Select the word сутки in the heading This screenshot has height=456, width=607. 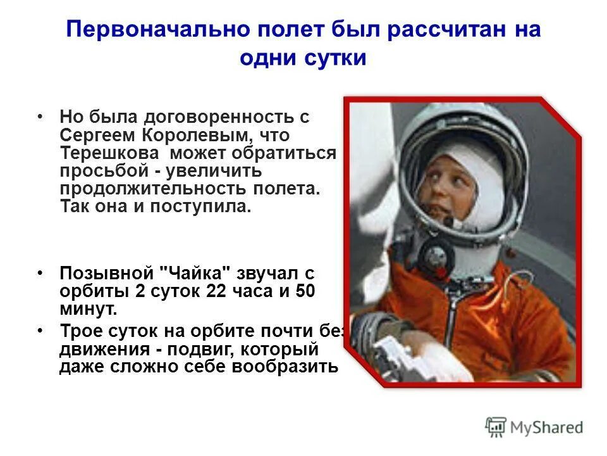click(x=334, y=58)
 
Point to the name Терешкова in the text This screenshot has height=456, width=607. click(x=110, y=153)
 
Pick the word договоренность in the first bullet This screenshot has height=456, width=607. click(x=219, y=117)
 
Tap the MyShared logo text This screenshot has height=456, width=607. click(x=547, y=427)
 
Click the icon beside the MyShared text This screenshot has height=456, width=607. click(x=496, y=427)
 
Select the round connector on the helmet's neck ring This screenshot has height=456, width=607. click(x=436, y=256)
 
